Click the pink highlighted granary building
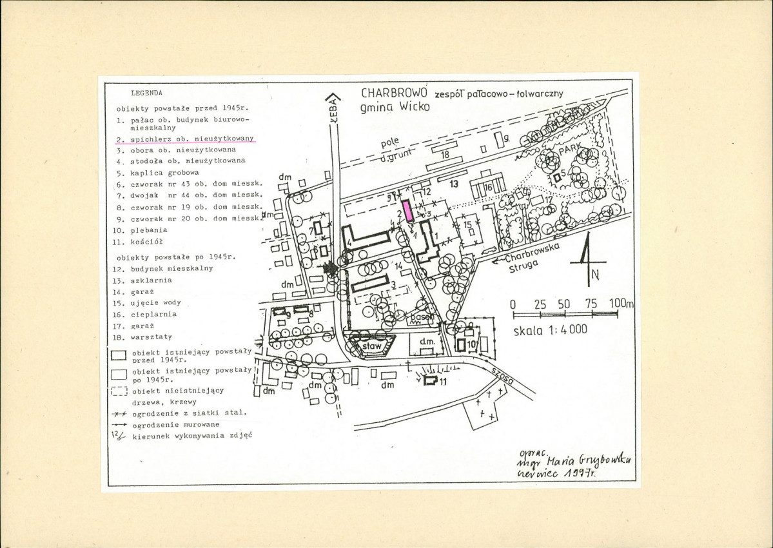(408, 211)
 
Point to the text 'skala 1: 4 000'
(551, 329)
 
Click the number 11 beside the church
(444, 382)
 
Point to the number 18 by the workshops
(445, 155)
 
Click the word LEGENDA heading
(146, 93)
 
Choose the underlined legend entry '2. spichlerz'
(186, 139)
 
